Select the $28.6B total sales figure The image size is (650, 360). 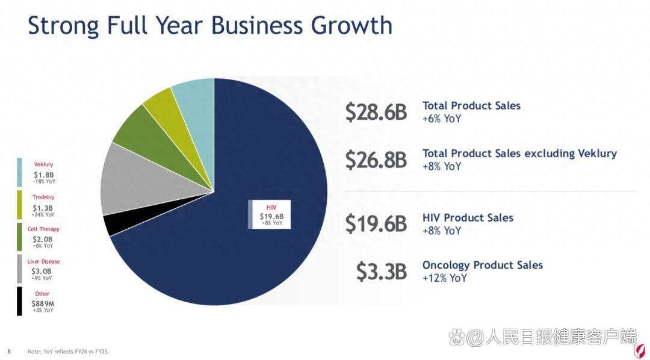point(376,112)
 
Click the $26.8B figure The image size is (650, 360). point(376,159)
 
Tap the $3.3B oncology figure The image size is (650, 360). point(381,272)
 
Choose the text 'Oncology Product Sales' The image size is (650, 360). point(482,265)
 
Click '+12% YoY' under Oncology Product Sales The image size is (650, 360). point(445,278)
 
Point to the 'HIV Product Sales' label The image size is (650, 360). point(468,217)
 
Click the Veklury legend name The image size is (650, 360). point(43,164)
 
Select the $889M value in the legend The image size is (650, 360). point(43,303)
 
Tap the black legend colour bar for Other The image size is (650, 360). point(19,301)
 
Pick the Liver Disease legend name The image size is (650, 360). point(43,261)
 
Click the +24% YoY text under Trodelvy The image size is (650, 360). point(43,214)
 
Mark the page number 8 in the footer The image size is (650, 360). point(9,351)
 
